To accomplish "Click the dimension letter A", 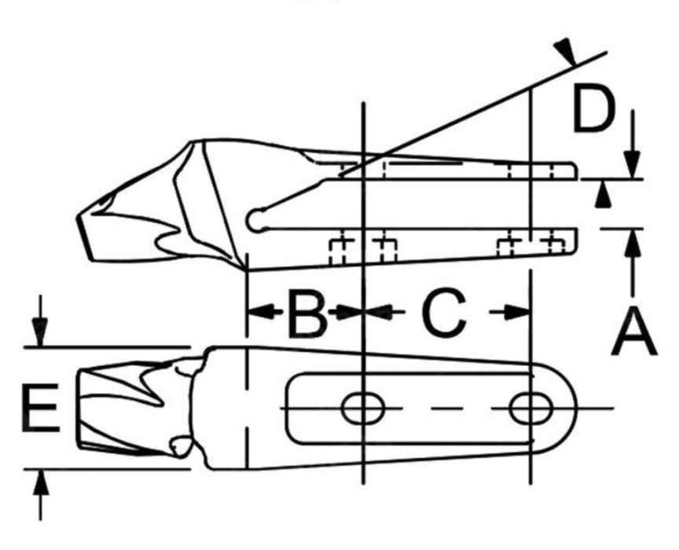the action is pos(634,332).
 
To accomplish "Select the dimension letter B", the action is pos(307,313).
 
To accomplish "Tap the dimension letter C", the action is pos(444,313).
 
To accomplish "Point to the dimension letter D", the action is pos(593,108).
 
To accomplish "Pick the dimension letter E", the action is pos(40,408).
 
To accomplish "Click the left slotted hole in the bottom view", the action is pos(363,408).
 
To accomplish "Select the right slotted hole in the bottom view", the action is pos(531,408).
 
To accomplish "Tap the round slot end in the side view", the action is pos(256,221).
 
